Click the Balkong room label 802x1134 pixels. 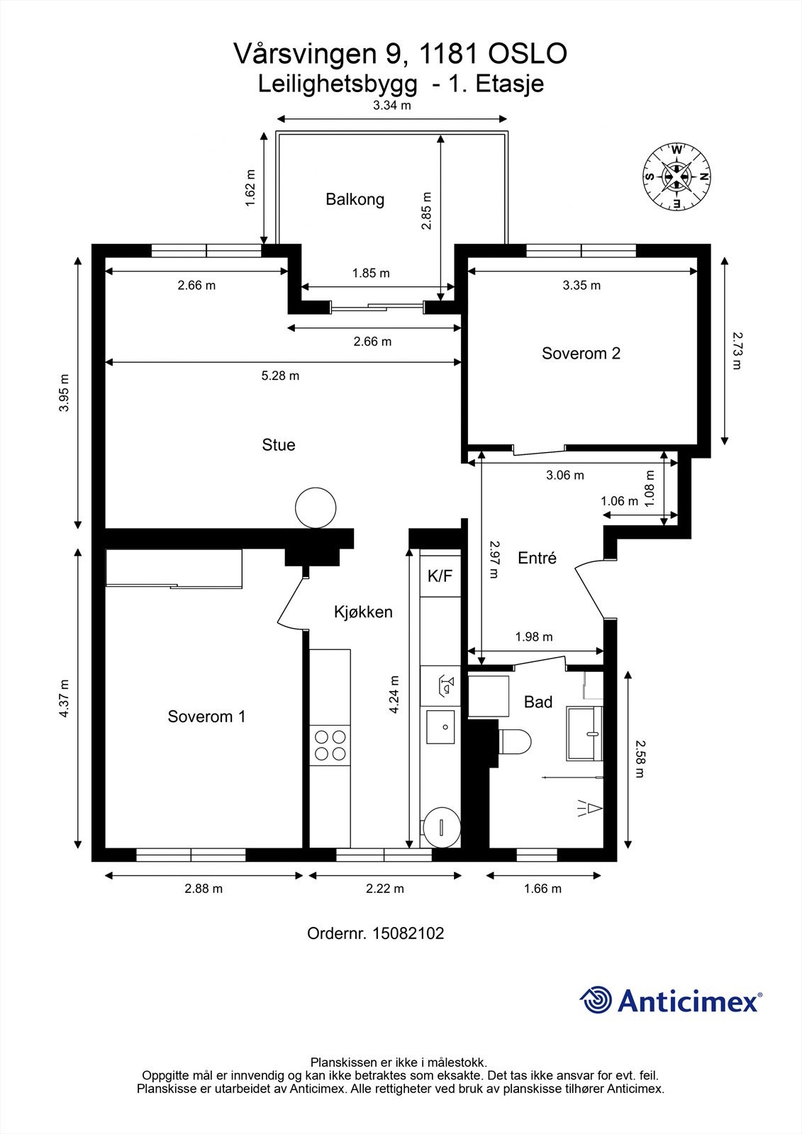point(355,199)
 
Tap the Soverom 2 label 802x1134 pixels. point(581,353)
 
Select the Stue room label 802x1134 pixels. point(278,444)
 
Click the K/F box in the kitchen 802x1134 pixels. point(440,576)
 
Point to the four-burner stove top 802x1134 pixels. point(330,745)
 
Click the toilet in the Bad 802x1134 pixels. point(513,743)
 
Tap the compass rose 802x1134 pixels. point(676,176)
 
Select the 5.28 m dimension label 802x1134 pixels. point(280,376)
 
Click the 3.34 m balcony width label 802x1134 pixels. point(391,106)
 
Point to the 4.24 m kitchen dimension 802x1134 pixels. point(394,694)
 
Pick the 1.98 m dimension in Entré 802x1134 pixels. point(534,636)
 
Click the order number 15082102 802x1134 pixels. point(408,933)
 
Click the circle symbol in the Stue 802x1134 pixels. point(316,507)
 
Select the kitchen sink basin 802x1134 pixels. point(440,727)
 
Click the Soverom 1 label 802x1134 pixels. point(206,717)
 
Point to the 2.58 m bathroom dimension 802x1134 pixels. point(640,759)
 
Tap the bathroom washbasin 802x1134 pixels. point(584,733)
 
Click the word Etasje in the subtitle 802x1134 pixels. point(510,84)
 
